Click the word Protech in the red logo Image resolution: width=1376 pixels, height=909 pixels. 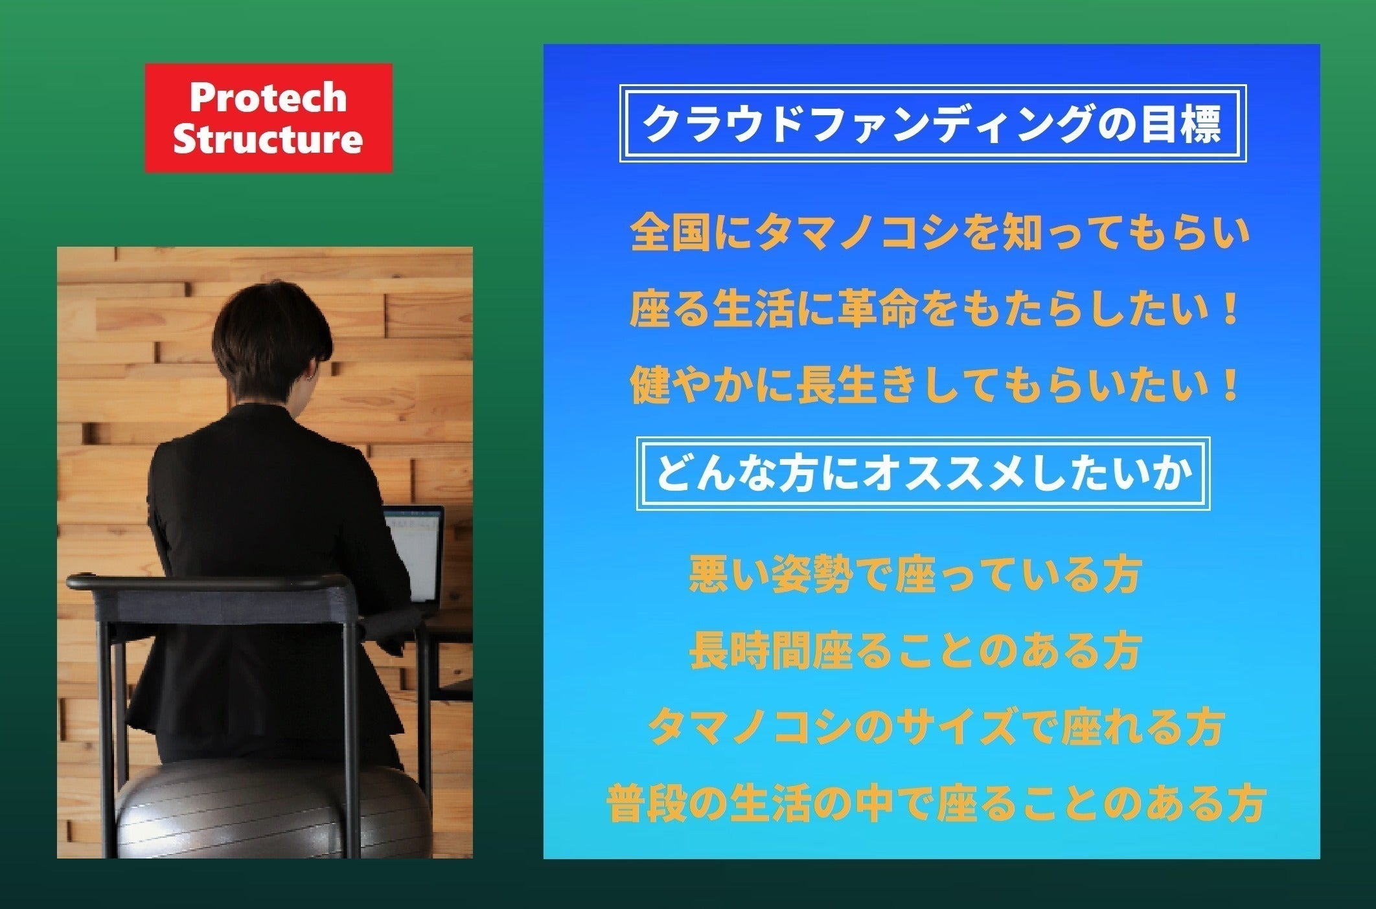point(268,97)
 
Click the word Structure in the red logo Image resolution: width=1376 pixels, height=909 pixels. point(268,139)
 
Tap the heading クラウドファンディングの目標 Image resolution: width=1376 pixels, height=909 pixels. point(933,124)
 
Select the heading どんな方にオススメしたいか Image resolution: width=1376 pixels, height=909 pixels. point(924,474)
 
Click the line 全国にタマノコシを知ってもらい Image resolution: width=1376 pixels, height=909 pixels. point(939,233)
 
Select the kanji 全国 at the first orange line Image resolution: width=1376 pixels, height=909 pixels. point(671,233)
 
